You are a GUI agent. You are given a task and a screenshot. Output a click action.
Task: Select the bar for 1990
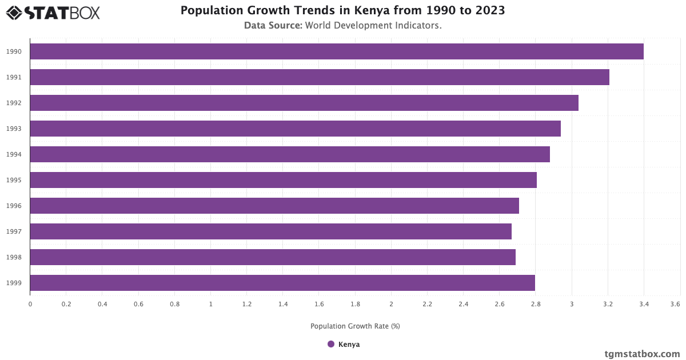click(337, 51)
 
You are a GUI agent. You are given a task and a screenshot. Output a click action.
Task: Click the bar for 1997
click(270, 231)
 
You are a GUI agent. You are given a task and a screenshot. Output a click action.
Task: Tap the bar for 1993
click(295, 129)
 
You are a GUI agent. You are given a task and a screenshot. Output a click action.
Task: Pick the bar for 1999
click(282, 283)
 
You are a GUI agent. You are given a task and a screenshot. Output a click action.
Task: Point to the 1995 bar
click(283, 180)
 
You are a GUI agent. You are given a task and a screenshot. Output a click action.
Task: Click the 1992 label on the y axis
click(14, 103)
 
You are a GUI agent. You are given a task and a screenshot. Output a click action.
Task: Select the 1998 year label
click(14, 257)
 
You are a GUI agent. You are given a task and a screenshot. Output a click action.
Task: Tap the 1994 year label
click(14, 154)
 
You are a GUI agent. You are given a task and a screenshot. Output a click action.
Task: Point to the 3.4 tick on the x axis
click(644, 305)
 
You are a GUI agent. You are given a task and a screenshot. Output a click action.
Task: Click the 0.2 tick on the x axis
click(66, 305)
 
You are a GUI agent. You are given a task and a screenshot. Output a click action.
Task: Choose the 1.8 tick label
click(355, 305)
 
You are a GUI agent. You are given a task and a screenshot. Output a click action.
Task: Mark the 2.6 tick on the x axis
click(500, 305)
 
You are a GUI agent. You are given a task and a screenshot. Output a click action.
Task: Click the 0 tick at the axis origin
click(30, 305)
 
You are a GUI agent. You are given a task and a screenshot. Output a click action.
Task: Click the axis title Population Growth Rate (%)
click(355, 326)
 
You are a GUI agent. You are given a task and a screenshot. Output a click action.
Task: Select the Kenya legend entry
click(349, 345)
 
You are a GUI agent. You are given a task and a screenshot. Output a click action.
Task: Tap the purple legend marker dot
click(331, 344)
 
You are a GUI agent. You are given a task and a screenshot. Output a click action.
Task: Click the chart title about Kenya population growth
click(342, 11)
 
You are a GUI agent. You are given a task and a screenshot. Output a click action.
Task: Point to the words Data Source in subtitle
click(273, 26)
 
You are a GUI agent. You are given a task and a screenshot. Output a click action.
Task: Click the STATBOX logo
click(53, 12)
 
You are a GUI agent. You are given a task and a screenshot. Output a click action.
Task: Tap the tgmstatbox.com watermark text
click(642, 354)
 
